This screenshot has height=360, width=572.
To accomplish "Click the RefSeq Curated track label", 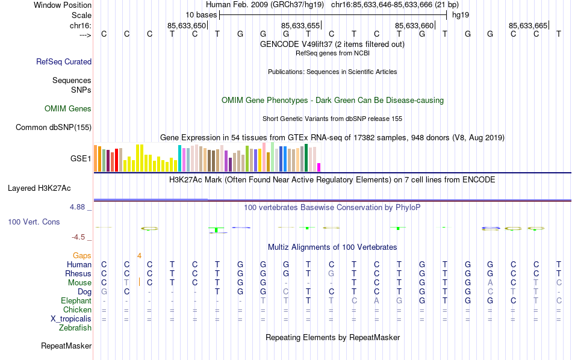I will pos(64,61).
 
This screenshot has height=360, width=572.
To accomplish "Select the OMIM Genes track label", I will pos(68,109).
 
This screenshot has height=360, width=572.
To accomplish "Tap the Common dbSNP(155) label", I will pos(54,127).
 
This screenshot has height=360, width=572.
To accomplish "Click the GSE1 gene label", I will pos(81,159).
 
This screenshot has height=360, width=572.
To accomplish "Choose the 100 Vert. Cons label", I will pos(34,222).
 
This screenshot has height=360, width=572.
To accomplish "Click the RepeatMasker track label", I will pos(66,346).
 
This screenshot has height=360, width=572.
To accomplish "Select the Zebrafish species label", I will pos(75,328).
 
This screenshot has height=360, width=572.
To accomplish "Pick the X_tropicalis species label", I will pos(69,318).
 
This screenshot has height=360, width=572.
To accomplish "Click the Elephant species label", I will pos(76,300).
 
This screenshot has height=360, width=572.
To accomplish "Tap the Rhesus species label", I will pos(78,273).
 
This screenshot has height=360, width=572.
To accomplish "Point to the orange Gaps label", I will pos(82,255).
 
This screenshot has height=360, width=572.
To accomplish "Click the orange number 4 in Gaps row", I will pos(139,255).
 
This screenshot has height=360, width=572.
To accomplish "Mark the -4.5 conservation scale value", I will pos(80,237).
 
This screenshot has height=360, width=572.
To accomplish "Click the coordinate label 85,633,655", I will pos(300,25).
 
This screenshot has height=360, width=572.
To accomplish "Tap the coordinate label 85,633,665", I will pos(528,25).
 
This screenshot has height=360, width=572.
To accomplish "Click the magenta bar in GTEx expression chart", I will pos(319,167).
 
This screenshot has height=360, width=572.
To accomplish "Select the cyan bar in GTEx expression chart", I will pos(179,158).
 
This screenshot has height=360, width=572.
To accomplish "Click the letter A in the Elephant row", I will pos(376,300).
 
